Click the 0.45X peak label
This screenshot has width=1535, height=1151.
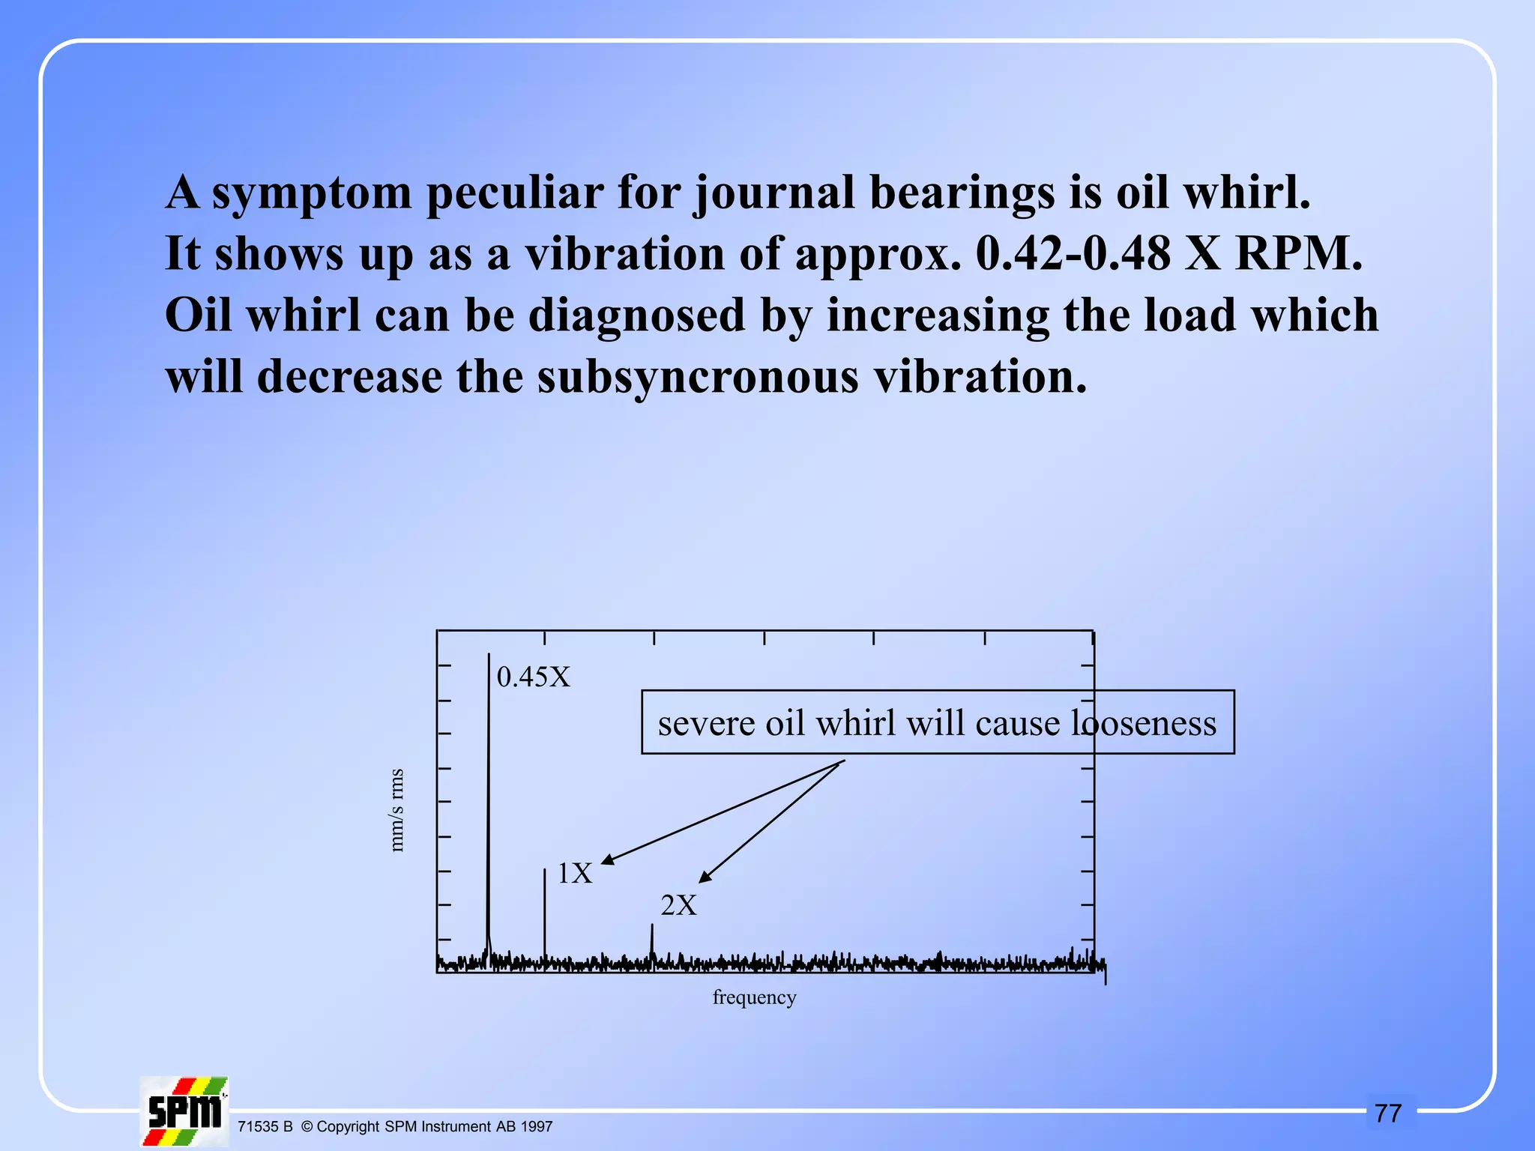533,677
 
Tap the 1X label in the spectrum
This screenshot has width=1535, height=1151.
575,874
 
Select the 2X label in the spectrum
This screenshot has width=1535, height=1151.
678,905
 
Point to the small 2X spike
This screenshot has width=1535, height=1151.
651,941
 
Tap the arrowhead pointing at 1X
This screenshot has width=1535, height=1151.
608,860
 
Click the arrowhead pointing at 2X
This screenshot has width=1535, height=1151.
705,877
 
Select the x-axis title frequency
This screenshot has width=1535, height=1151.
754,997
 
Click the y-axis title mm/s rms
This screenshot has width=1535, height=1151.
396,810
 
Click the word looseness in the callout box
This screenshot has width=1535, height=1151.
1143,723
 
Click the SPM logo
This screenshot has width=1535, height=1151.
184,1111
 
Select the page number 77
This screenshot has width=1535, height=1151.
1388,1114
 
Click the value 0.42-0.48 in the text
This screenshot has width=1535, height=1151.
1073,253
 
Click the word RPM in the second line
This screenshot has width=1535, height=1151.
1299,253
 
